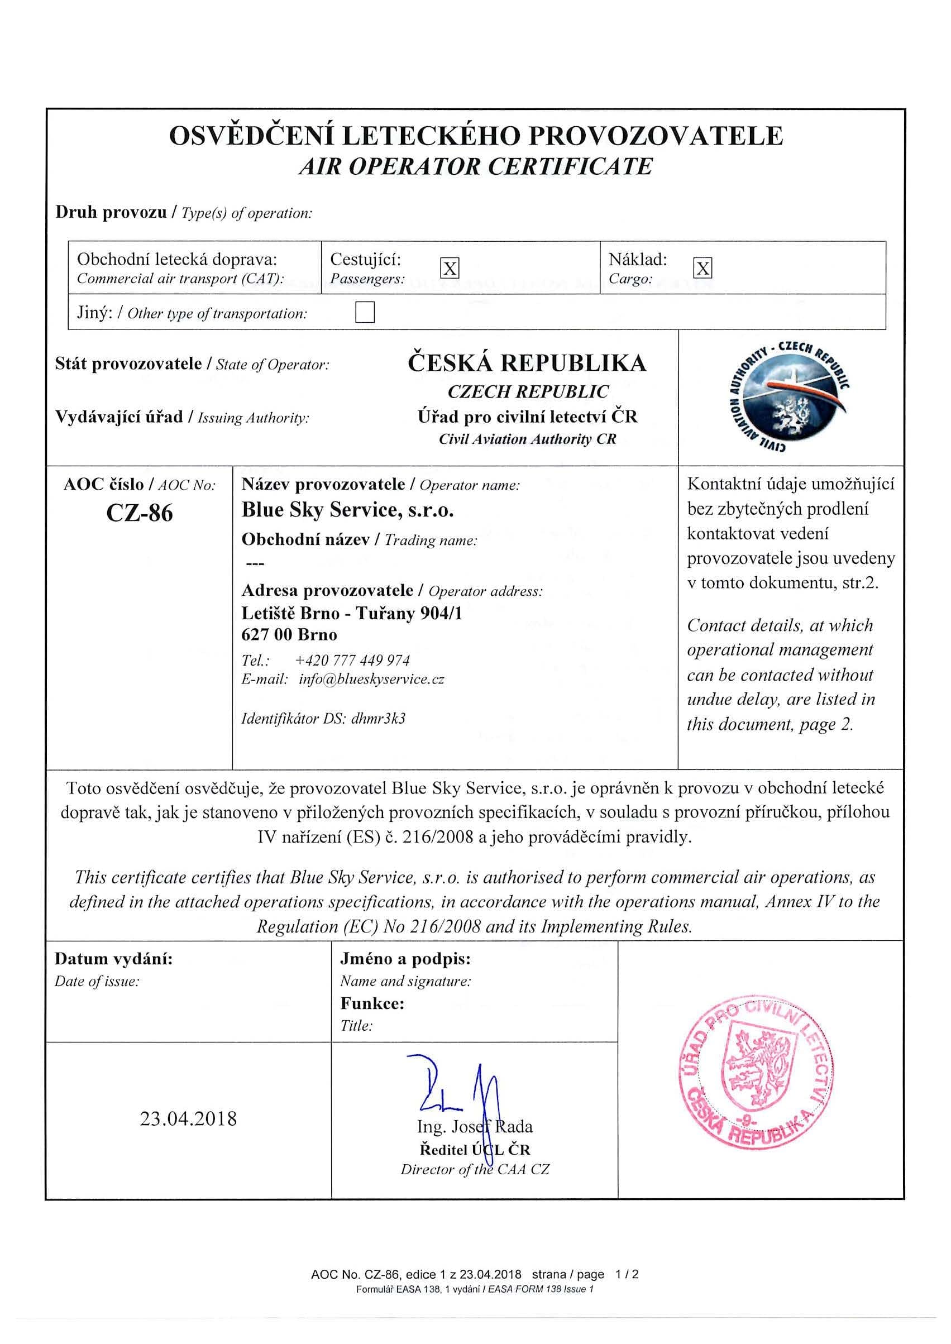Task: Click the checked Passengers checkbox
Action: tap(449, 269)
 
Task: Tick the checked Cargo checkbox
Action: tap(702, 269)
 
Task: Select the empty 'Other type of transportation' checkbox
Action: tap(365, 312)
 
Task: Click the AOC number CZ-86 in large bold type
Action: tap(140, 513)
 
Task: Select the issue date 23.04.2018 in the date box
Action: tap(188, 1118)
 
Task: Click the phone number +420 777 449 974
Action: tap(352, 661)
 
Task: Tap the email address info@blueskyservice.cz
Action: tap(371, 679)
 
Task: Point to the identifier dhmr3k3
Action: tap(377, 718)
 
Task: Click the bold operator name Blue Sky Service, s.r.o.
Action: tap(348, 510)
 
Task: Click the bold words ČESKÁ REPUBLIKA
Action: tap(527, 363)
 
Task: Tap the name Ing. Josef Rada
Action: tap(474, 1126)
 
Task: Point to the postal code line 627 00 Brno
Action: tap(289, 634)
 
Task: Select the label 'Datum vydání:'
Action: tap(113, 959)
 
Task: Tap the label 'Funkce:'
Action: tap(372, 1003)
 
